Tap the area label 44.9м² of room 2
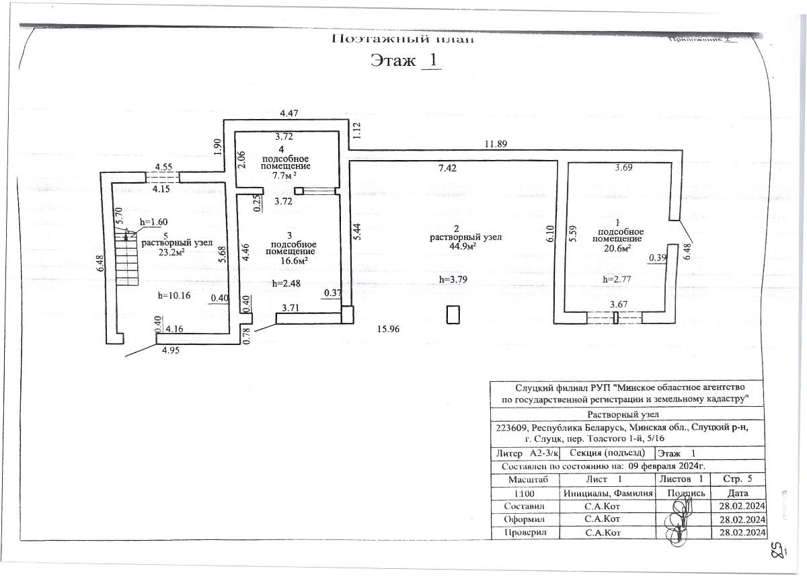pyautogui.click(x=457, y=246)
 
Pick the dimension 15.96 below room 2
pyautogui.click(x=389, y=329)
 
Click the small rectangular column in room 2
pyautogui.click(x=453, y=314)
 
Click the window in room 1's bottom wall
pyautogui.click(x=615, y=317)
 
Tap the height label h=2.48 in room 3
pyautogui.click(x=286, y=283)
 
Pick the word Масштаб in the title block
pyautogui.click(x=523, y=479)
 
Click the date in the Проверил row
pyautogui.click(x=742, y=533)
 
